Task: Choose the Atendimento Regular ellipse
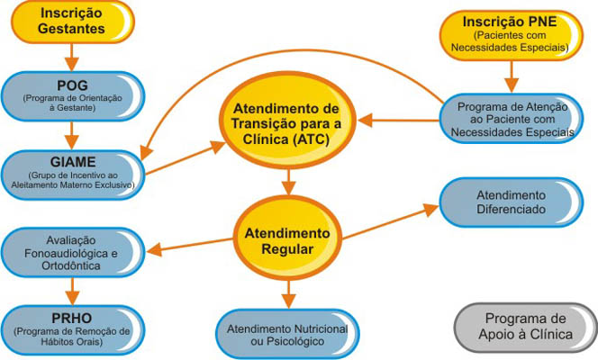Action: pos(286,239)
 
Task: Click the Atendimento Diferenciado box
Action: pos(510,202)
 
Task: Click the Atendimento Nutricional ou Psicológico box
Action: pos(286,331)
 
